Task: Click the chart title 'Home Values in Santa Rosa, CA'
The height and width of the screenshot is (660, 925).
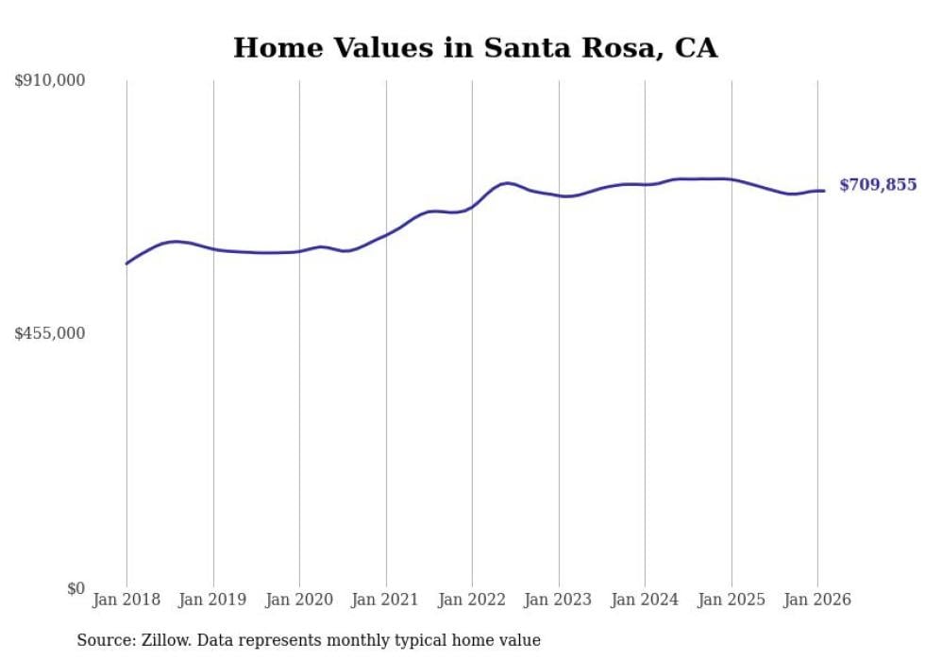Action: pos(475,48)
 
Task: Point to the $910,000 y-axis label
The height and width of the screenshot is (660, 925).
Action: pos(50,81)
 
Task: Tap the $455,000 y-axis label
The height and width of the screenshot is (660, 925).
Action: pos(50,333)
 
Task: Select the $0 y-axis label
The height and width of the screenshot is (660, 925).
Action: pos(76,588)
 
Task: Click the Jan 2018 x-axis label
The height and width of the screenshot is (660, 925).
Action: pos(126,600)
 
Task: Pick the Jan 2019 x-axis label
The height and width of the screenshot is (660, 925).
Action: pos(213,600)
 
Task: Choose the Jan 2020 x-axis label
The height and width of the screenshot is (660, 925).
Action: pos(299,600)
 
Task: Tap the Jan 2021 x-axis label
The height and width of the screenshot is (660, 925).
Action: pos(386,600)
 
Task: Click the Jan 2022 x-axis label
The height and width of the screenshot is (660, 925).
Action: pos(472,600)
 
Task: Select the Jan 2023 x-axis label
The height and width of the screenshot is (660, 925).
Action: pos(559,600)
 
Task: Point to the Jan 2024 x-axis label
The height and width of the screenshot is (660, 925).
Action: pos(645,600)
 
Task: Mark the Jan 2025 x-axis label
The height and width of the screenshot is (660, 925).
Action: pos(732,600)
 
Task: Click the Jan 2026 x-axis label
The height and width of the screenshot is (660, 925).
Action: pos(817,600)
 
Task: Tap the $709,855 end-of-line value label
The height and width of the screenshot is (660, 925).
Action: pos(878,185)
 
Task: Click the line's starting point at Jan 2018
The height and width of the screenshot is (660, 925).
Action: pos(126,263)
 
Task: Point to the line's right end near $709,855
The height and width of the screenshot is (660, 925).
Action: pos(824,191)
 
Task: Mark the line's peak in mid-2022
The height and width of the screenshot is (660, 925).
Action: pos(507,182)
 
